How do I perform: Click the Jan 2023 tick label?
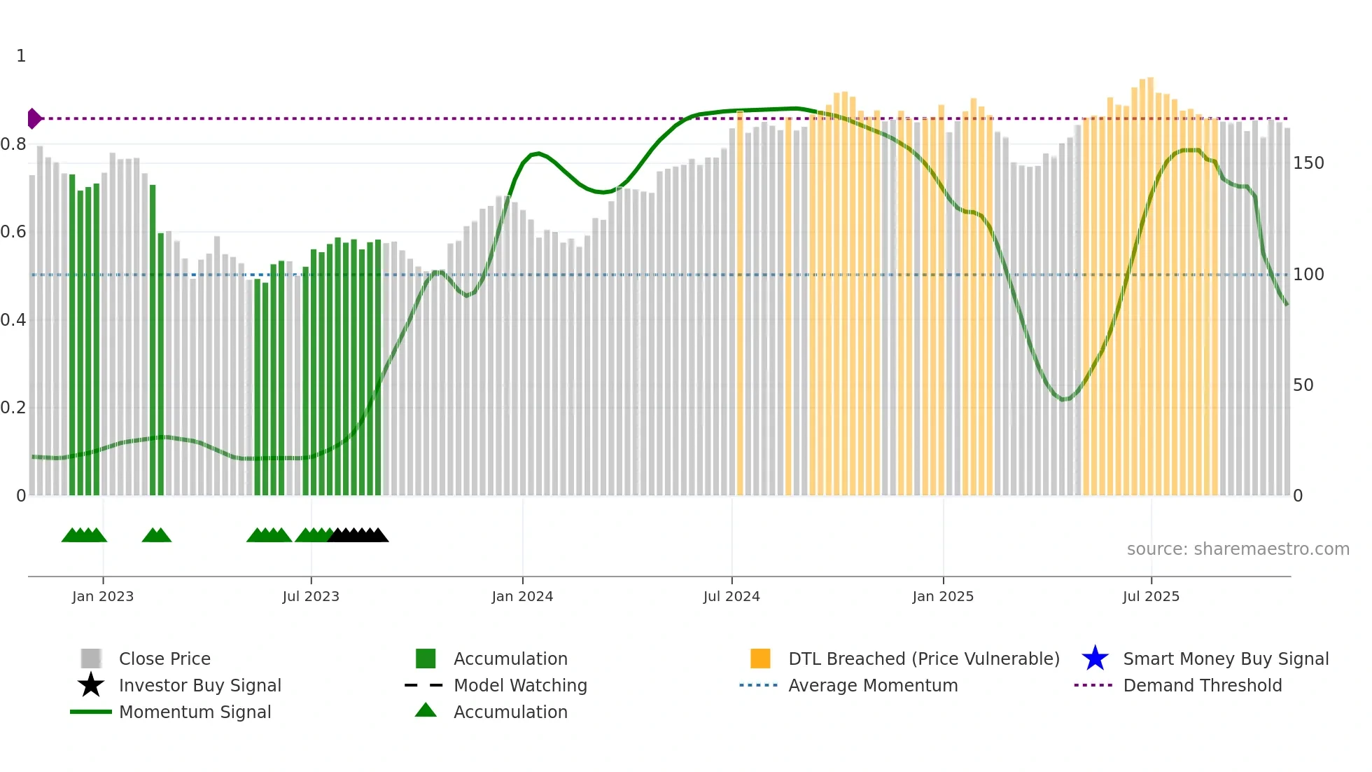pyautogui.click(x=103, y=596)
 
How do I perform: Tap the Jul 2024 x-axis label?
pyautogui.click(x=731, y=596)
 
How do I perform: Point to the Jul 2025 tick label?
pyautogui.click(x=1151, y=596)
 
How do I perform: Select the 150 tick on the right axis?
pyautogui.click(x=1308, y=163)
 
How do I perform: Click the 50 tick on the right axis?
pyautogui.click(x=1303, y=385)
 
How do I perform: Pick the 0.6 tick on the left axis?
pyautogui.click(x=13, y=232)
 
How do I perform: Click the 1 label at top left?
pyautogui.click(x=21, y=56)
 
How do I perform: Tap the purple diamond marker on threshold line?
pyautogui.click(x=34, y=118)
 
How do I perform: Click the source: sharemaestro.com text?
pyautogui.click(x=1238, y=549)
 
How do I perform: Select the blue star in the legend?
pyautogui.click(x=1095, y=659)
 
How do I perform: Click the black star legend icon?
pyautogui.click(x=91, y=685)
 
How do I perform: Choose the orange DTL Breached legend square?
pyautogui.click(x=760, y=659)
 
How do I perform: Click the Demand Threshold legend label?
pyautogui.click(x=1202, y=685)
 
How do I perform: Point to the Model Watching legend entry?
pyautogui.click(x=520, y=685)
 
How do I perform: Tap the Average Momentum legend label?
pyautogui.click(x=873, y=685)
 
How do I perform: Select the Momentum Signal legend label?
pyautogui.click(x=195, y=712)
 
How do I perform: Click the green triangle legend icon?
pyautogui.click(x=426, y=710)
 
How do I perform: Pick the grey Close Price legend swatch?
pyautogui.click(x=91, y=659)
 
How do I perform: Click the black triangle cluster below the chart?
pyautogui.click(x=358, y=535)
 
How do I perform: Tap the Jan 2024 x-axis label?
pyautogui.click(x=522, y=596)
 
